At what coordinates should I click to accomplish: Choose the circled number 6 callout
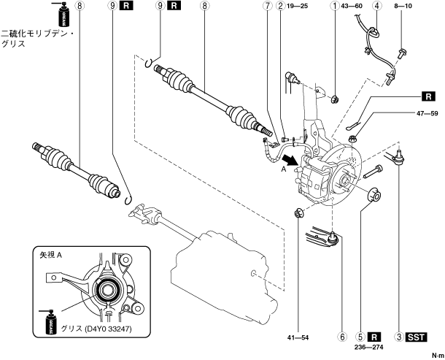(340, 337)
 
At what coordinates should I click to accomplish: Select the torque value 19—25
(298, 6)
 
